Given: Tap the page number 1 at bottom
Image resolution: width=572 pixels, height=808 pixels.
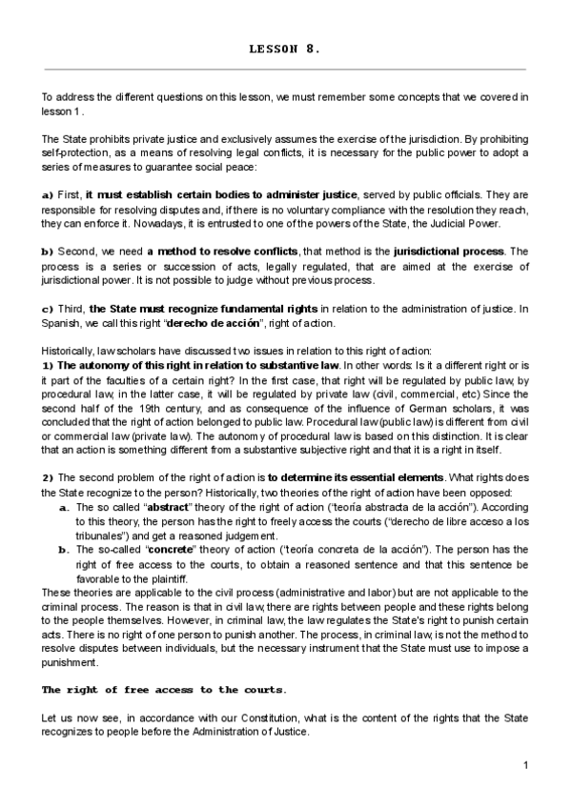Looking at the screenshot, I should [526, 765].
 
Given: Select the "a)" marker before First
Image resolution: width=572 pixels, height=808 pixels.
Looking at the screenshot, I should [47, 194].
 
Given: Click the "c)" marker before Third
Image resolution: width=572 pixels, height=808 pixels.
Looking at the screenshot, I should [47, 309].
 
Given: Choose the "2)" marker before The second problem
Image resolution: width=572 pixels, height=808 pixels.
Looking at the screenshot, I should [48, 476].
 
